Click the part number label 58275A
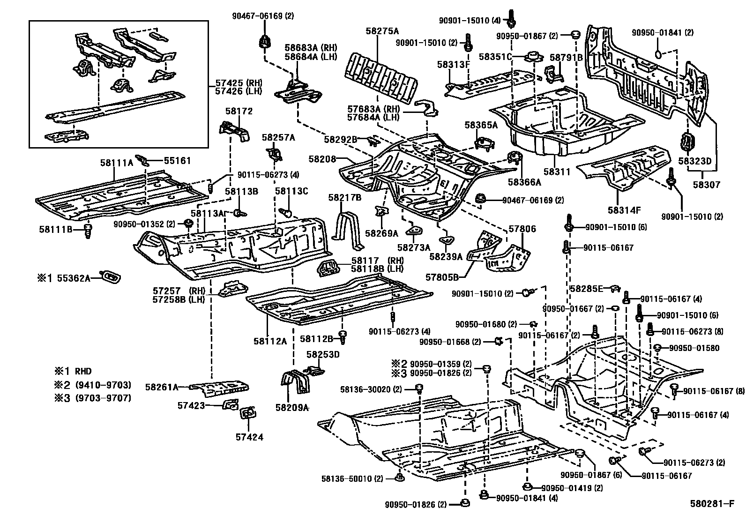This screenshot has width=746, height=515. [x=382, y=31]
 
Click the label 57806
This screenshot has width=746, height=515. [x=522, y=229]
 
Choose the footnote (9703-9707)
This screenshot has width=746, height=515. [x=104, y=398]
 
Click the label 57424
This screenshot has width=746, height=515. [x=249, y=437]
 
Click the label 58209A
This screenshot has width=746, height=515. [x=292, y=408]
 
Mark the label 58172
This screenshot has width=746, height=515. [x=239, y=111]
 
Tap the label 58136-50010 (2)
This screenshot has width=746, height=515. [x=352, y=479]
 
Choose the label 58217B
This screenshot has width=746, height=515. [x=344, y=198]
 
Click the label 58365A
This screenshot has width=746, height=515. [x=481, y=125]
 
